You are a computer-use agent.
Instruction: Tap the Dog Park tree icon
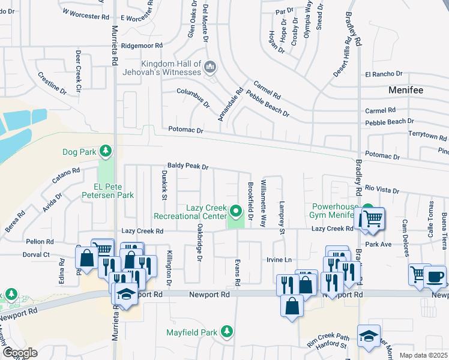pyautogui.click(x=106, y=150)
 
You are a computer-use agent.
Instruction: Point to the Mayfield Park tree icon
pyautogui.click(x=226, y=331)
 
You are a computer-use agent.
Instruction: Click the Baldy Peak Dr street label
pyautogui.click(x=187, y=167)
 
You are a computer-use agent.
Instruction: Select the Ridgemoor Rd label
pyautogui.click(x=142, y=46)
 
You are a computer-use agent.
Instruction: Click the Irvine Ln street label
pyautogui.click(x=279, y=260)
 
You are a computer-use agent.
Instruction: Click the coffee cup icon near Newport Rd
pyautogui.click(x=435, y=277)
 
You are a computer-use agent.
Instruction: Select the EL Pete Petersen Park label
pyautogui.click(x=107, y=195)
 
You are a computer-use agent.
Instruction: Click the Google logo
pyautogui.click(x=20, y=352)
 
